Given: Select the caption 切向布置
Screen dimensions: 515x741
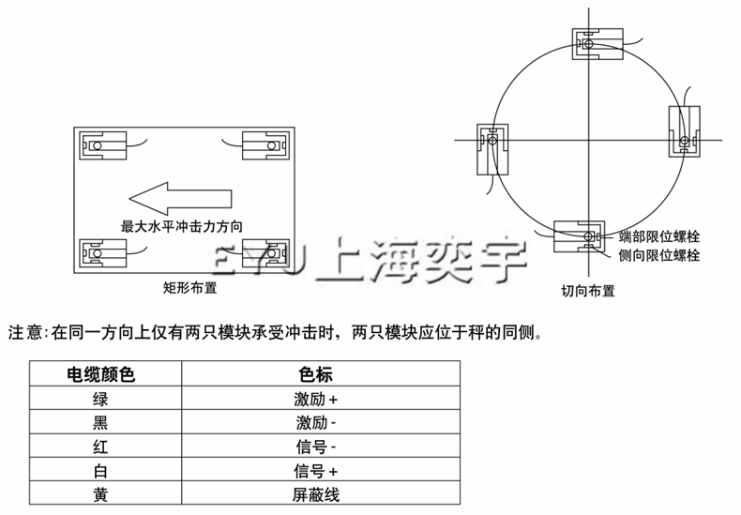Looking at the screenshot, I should [x=588, y=291].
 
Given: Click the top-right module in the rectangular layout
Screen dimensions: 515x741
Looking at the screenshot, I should [x=265, y=145].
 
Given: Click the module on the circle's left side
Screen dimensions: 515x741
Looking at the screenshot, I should [x=491, y=147].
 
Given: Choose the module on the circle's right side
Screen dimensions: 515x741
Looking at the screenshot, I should [x=683, y=129].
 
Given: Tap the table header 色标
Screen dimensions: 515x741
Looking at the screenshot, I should [x=316, y=374].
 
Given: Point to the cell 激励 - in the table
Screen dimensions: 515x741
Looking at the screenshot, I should [x=316, y=422].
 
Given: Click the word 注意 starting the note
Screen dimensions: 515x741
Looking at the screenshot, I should [x=25, y=332].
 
